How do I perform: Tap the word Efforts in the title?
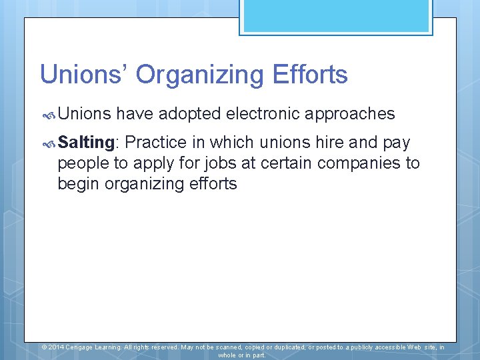311,74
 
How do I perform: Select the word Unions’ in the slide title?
84,74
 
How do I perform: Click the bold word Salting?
87,142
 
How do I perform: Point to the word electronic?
263,114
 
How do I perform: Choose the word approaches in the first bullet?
351,115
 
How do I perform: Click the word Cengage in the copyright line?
81,347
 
